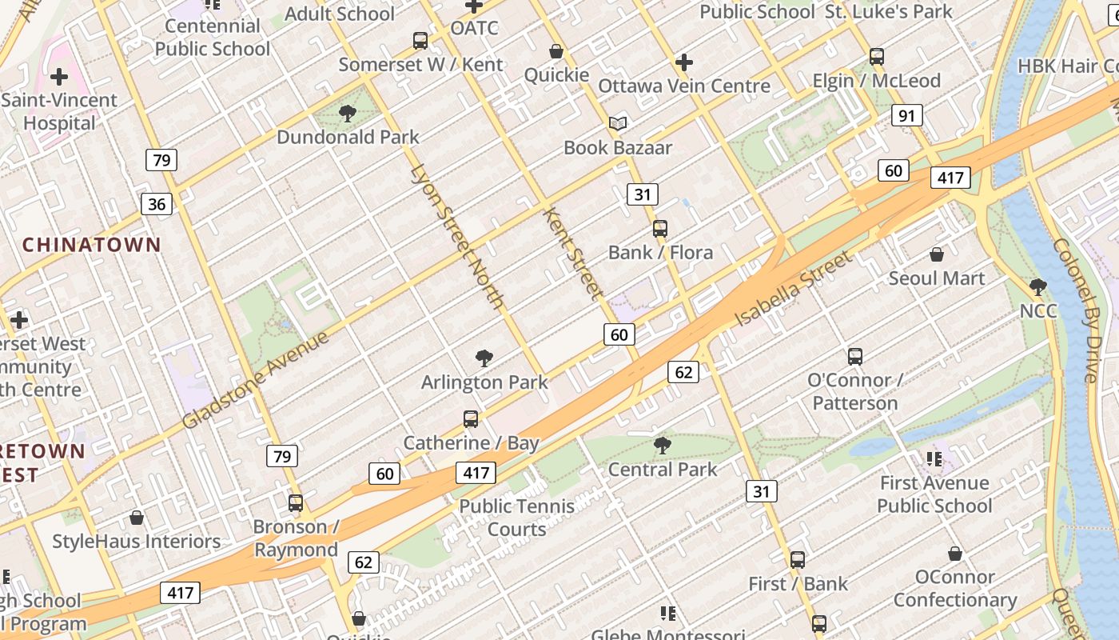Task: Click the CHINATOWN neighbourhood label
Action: [92, 245]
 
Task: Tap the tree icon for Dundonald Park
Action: [347, 114]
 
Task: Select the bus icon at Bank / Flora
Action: [659, 229]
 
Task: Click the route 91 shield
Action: [906, 116]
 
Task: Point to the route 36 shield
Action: [157, 204]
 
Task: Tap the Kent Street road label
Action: [573, 253]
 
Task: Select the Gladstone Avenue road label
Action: [255, 380]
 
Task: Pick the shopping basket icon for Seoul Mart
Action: [936, 255]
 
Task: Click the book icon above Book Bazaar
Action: [618, 123]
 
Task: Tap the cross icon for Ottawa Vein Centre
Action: [683, 62]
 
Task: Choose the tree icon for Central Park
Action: [662, 445]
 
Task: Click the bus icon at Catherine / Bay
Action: [471, 419]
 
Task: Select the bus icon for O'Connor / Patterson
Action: [854, 357]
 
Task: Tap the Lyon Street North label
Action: [457, 236]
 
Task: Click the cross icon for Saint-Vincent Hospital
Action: [59, 78]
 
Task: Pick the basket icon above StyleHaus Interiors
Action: [137, 518]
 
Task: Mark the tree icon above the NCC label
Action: [1037, 286]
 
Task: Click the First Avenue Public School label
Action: [934, 494]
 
